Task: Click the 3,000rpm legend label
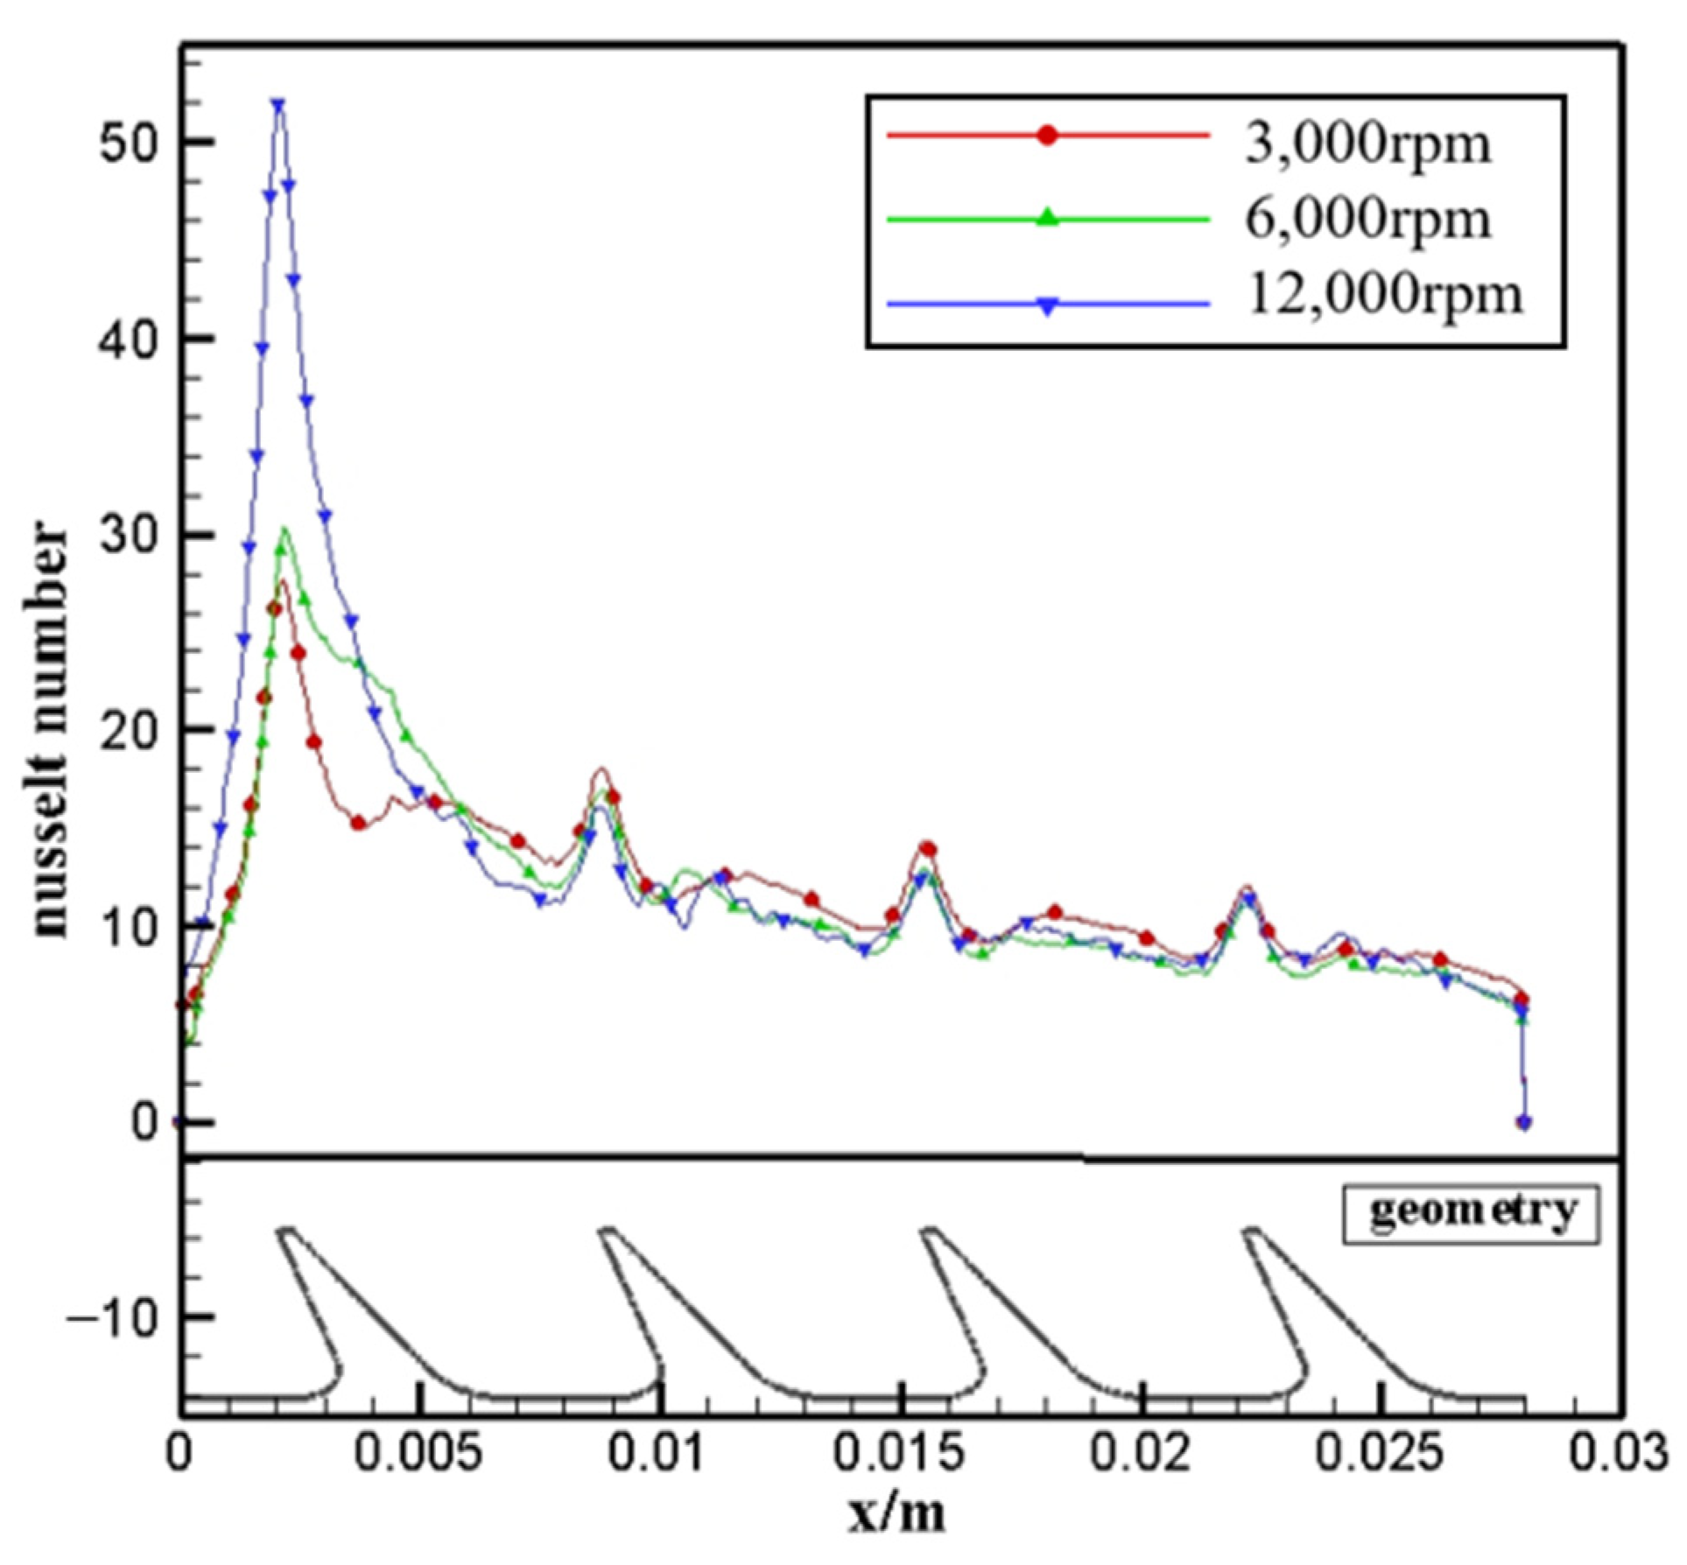(x=1367, y=144)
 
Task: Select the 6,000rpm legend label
(x=1367, y=220)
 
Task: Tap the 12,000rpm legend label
(x=1384, y=295)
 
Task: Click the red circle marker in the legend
(x=1047, y=136)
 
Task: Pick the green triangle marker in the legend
(x=1047, y=217)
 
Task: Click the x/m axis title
(x=897, y=1512)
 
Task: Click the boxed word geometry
(x=1472, y=1213)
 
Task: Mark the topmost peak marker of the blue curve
(x=278, y=104)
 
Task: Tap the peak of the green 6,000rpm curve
(x=284, y=529)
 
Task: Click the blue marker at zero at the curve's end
(x=1524, y=1122)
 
